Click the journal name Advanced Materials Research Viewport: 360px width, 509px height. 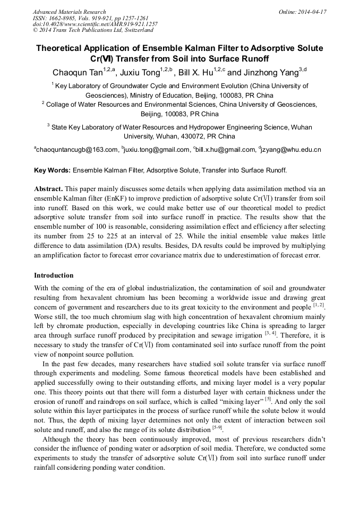tap(69, 12)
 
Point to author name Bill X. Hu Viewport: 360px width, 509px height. tap(195, 73)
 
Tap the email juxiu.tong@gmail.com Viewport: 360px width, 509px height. tap(156, 150)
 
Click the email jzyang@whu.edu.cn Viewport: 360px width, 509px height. tap(290, 150)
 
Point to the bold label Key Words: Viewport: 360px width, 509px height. tap(52, 171)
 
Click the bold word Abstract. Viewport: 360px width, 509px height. tap(49, 189)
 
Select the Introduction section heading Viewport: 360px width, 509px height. tap(54, 275)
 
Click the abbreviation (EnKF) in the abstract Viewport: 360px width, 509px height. tap(123, 198)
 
